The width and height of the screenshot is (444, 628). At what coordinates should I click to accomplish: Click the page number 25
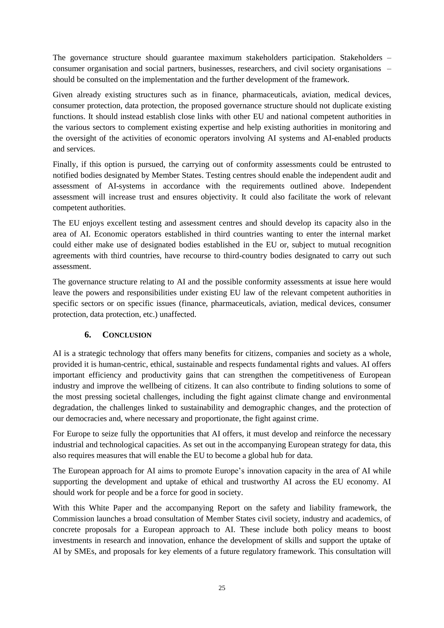pyautogui.click(x=222, y=588)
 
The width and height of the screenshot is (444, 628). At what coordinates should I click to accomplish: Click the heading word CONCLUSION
pyautogui.click(x=127, y=335)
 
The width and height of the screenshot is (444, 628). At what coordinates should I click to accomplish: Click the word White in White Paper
pyautogui.click(x=96, y=508)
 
